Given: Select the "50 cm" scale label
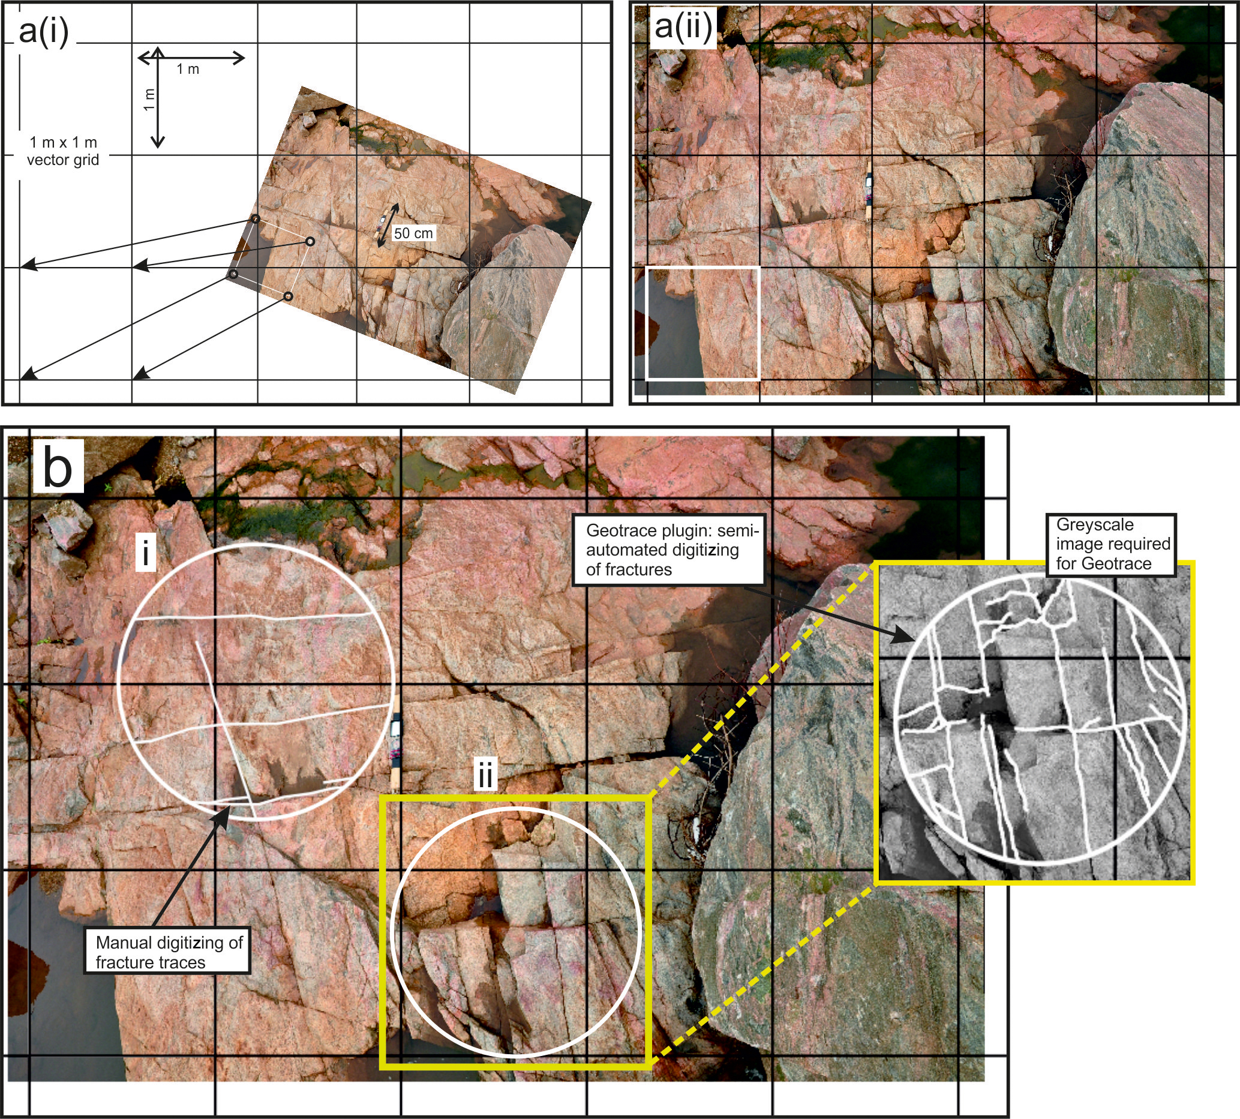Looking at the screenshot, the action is pos(413,233).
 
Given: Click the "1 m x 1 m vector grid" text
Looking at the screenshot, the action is pos(63,151).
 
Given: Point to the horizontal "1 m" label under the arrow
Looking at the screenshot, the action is pos(188,69).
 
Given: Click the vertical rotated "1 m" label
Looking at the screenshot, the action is pos(149,99).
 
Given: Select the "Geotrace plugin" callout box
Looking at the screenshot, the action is pos(668,549).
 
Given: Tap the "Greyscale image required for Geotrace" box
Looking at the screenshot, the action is pos(1111,545).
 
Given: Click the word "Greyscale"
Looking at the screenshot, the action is pos(1095,524).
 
